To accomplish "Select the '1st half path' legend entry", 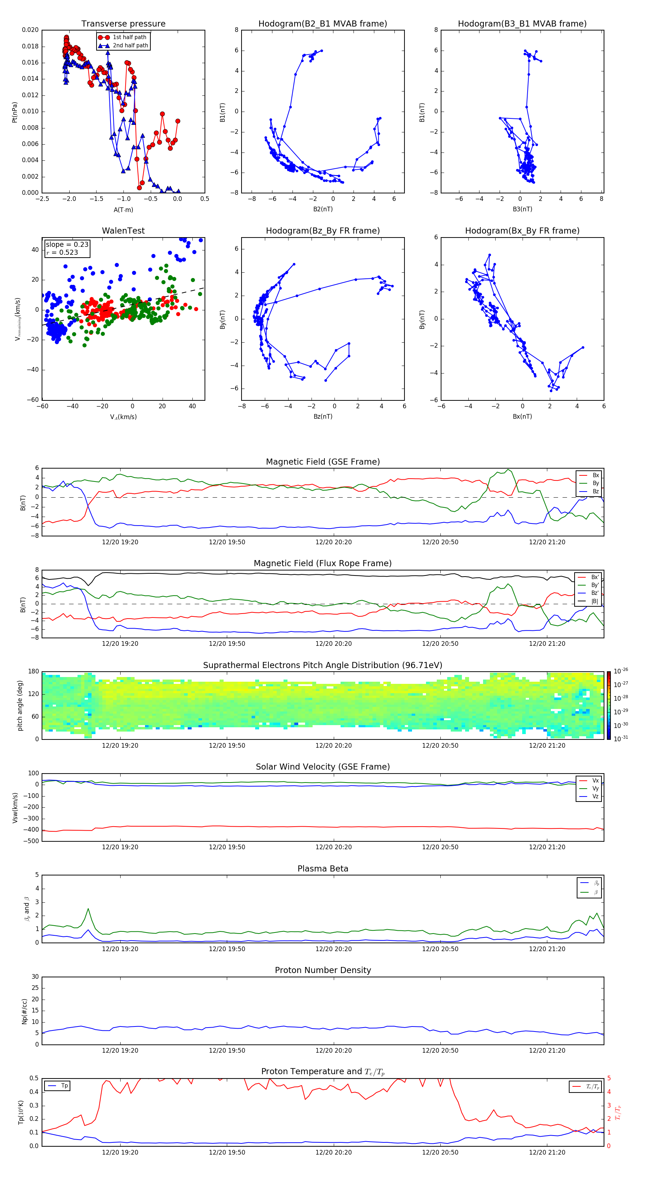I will tap(129, 37).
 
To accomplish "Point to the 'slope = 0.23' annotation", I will tap(67, 245).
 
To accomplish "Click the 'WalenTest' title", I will tap(123, 231).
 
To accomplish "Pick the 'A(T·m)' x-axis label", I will tap(123, 210).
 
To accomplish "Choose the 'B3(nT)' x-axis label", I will tap(522, 209).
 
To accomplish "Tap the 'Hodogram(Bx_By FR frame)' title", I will tap(522, 231).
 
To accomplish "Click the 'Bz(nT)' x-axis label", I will tap(323, 417).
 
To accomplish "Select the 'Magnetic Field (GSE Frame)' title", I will tap(323, 462).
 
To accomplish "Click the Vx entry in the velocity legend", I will tap(595, 780).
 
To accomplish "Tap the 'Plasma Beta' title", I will tap(323, 869).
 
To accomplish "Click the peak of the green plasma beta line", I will tap(88, 909).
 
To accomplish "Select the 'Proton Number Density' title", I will tap(323, 970).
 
